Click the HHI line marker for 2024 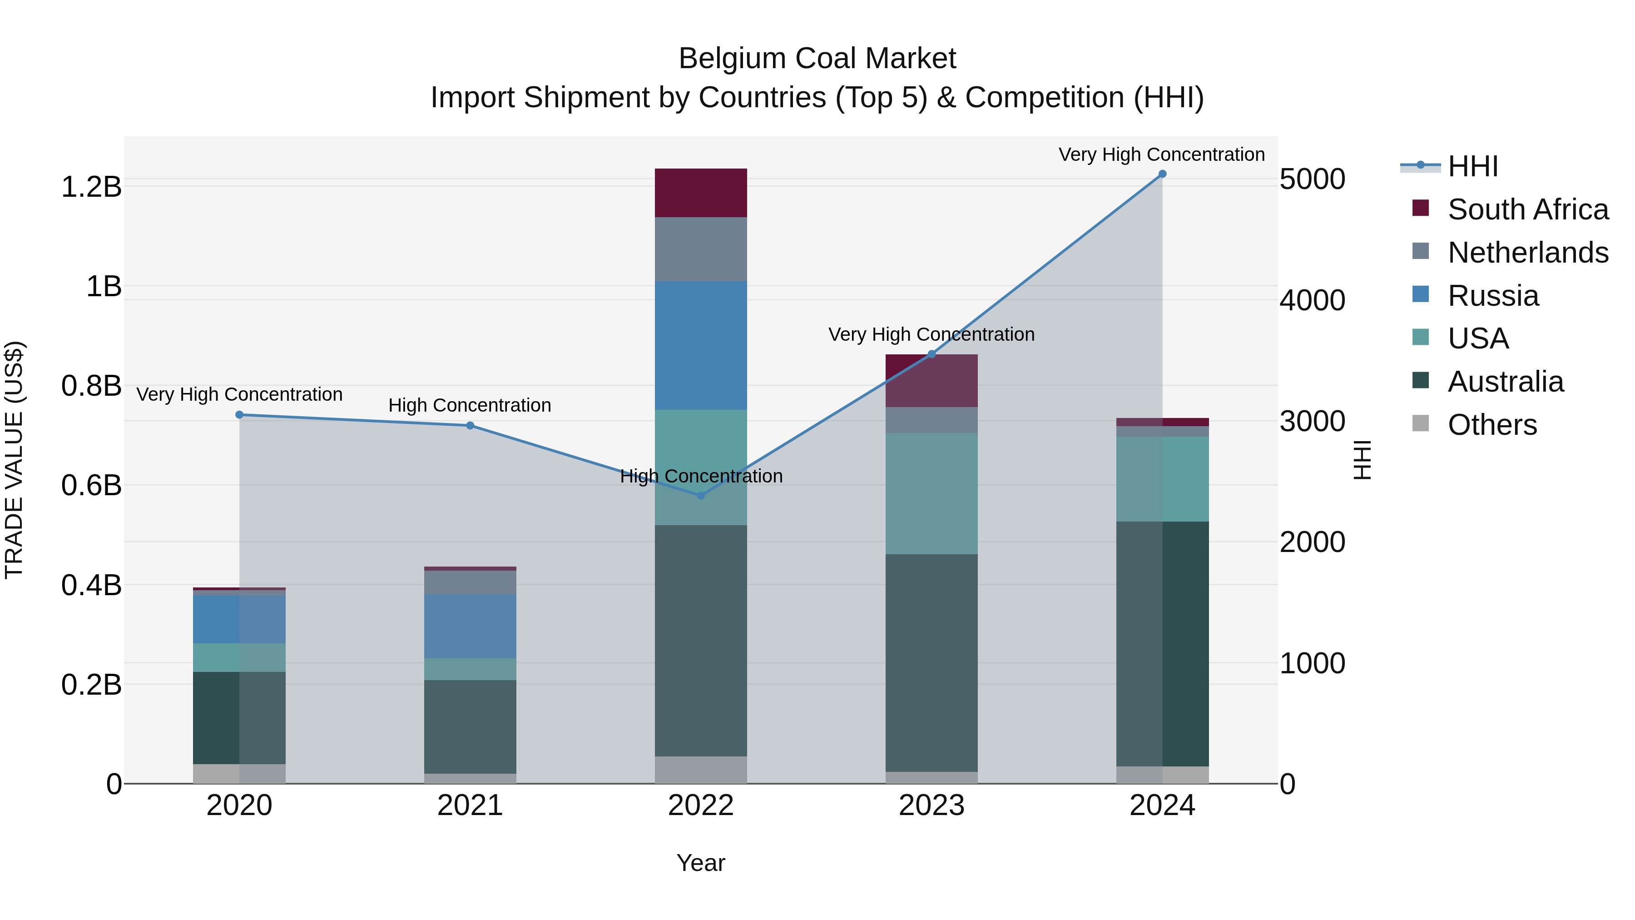point(1162,174)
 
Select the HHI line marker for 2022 point(701,495)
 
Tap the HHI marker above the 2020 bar point(239,415)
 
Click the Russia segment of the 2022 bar point(701,345)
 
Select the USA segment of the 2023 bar point(931,493)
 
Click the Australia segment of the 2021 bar point(470,726)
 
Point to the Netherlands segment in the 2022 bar point(701,249)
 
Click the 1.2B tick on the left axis point(91,187)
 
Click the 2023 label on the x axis point(931,806)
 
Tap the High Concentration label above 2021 point(470,405)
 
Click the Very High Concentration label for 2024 point(1161,154)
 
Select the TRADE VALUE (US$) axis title point(14,460)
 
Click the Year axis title point(701,863)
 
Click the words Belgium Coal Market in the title point(817,59)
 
